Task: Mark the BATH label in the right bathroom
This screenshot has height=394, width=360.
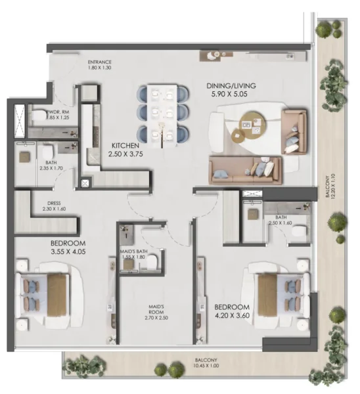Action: (281, 217)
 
